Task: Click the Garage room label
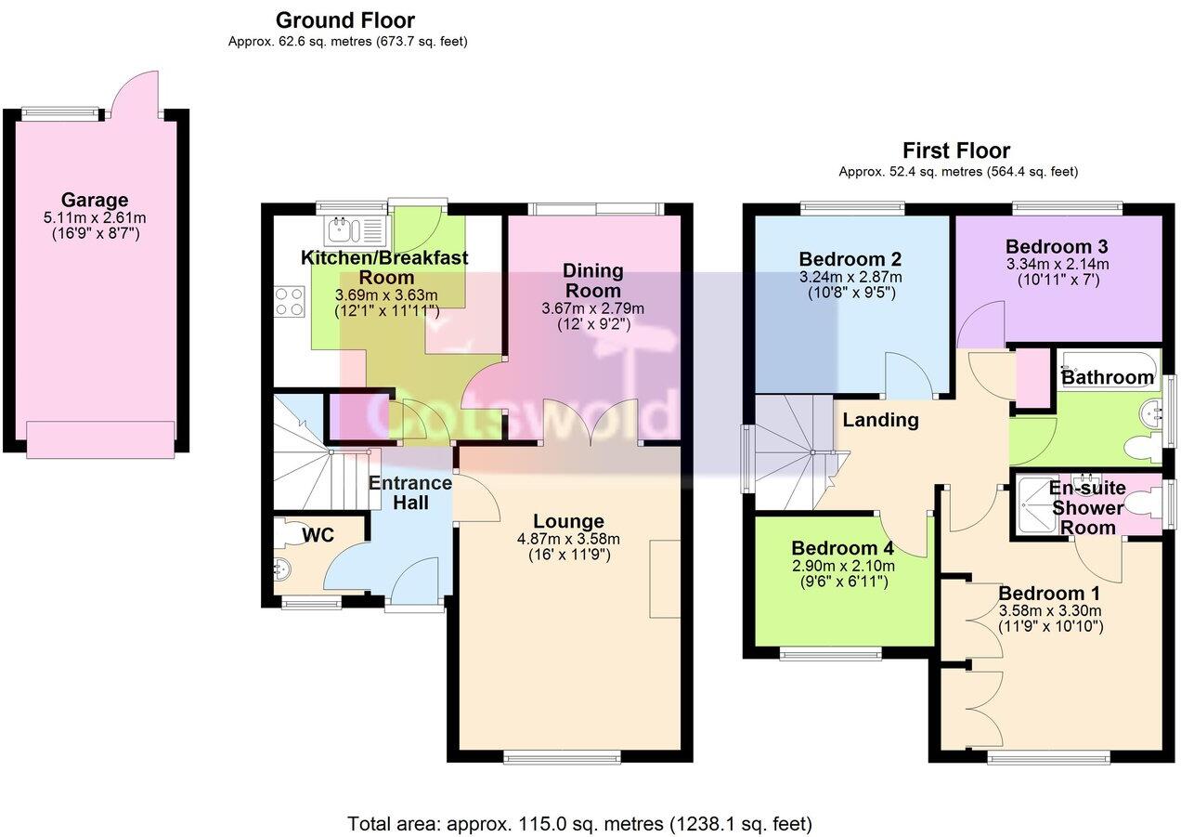click(95, 200)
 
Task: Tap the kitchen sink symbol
click(352, 228)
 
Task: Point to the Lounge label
click(568, 521)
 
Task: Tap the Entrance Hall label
click(410, 492)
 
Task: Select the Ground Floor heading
click(345, 20)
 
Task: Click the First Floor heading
click(956, 150)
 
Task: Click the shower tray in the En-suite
click(1032, 505)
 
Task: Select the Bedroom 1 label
click(1042, 593)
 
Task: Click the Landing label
click(880, 420)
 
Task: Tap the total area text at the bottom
click(580, 823)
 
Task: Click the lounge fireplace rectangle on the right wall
click(664, 577)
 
